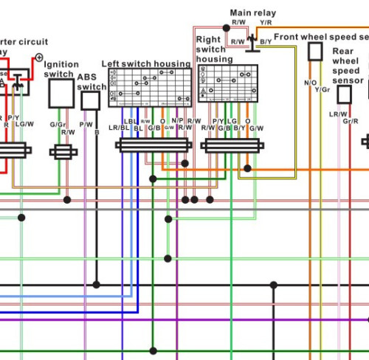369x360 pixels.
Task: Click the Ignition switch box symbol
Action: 61,94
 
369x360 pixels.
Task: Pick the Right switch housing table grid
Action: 228,82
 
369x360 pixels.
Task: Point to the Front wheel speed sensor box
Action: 315,51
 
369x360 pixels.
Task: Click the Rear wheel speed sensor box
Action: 344,94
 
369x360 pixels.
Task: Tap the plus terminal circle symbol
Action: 39,57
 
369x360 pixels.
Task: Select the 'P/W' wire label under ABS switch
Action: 86,125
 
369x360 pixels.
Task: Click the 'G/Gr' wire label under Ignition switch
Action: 58,125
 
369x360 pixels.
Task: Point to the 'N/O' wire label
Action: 310,83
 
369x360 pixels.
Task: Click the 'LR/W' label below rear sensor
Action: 338,114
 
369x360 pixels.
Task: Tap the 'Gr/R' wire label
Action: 350,120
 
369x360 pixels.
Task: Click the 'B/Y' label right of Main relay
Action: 266,42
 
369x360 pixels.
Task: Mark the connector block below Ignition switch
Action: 63,152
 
